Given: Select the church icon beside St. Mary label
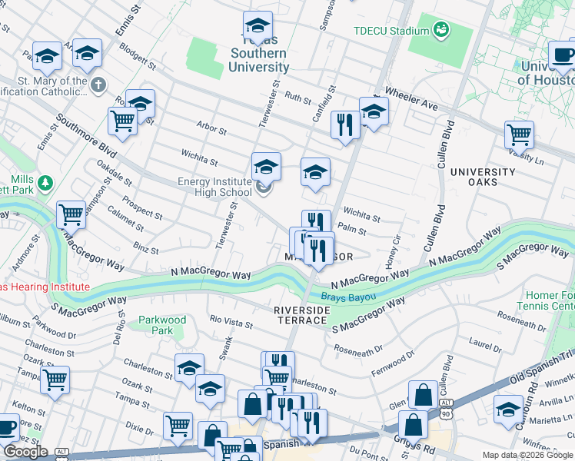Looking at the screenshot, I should (98, 85).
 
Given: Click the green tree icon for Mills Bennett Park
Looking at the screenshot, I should (46, 183).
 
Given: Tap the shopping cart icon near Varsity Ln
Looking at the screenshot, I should (519, 134).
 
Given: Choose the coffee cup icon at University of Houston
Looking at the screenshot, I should (563, 55).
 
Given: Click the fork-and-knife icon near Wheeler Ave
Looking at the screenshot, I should (344, 124).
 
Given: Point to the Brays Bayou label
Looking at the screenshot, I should (348, 297).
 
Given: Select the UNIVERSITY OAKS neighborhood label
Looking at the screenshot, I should (483, 177).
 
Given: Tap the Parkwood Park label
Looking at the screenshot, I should (162, 325).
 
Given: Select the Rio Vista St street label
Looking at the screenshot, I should (231, 323).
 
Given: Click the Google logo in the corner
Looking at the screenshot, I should (25, 452).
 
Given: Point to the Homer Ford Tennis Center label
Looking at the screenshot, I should (549, 300).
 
